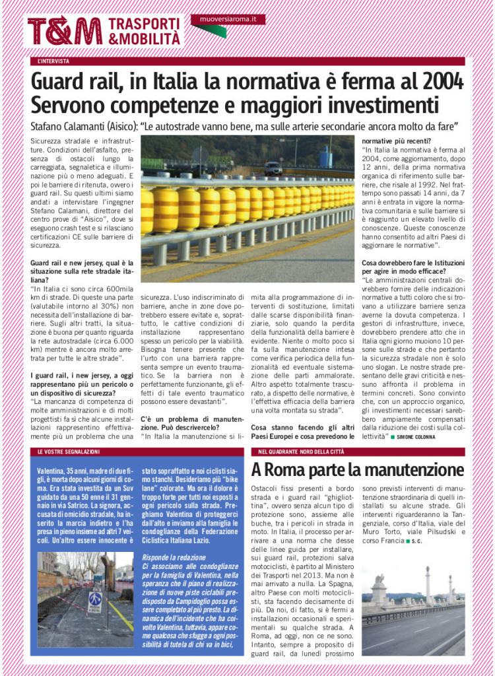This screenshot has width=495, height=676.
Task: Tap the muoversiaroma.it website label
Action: [228, 20]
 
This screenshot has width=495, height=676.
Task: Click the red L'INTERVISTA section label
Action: [53, 61]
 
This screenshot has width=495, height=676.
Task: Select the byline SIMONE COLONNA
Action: [416, 437]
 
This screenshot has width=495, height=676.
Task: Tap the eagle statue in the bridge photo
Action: [379, 584]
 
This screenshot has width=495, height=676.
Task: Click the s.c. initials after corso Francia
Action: [417, 540]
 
